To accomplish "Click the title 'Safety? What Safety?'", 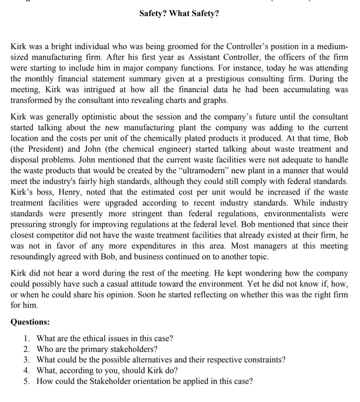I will [179, 14].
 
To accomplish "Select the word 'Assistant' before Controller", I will [204, 57].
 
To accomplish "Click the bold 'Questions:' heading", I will [30, 322].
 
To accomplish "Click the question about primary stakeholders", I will [97, 349].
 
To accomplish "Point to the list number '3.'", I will [27, 360].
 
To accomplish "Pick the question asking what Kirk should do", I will [107, 371].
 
